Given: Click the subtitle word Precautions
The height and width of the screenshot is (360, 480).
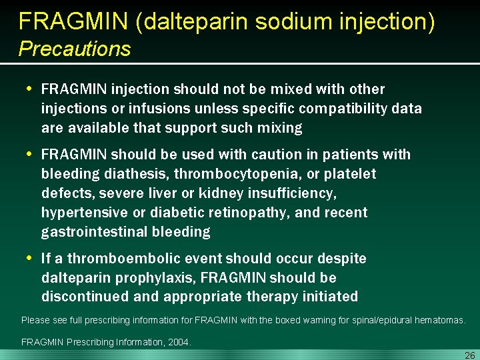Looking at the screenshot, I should [x=75, y=49].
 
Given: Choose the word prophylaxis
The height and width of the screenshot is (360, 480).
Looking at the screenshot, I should [x=153, y=277].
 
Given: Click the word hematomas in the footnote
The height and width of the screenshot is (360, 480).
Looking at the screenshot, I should [x=437, y=321].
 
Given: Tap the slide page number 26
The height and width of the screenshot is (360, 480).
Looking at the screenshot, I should [x=469, y=355].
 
